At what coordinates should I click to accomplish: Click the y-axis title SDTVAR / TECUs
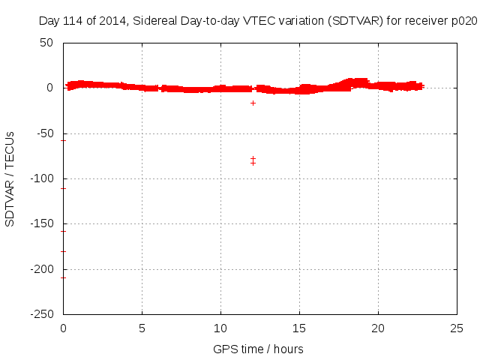pyautogui.click(x=10, y=178)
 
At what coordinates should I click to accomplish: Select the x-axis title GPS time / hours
pyautogui.click(x=258, y=349)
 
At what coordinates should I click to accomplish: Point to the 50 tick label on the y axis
pyautogui.click(x=46, y=43)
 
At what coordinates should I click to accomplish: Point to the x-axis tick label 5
pyautogui.click(x=142, y=328)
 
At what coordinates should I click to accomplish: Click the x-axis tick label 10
pyautogui.click(x=221, y=328)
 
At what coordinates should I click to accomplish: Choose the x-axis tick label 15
pyautogui.click(x=300, y=328)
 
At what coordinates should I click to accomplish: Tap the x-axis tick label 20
pyautogui.click(x=379, y=328)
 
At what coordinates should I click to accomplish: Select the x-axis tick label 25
pyautogui.click(x=457, y=328)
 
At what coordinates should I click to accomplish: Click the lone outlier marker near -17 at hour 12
pyautogui.click(x=253, y=103)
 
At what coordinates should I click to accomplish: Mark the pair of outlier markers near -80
pyautogui.click(x=253, y=160)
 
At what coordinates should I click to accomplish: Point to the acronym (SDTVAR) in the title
pyautogui.click(x=349, y=21)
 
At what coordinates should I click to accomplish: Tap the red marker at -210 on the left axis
pyautogui.click(x=64, y=277)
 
